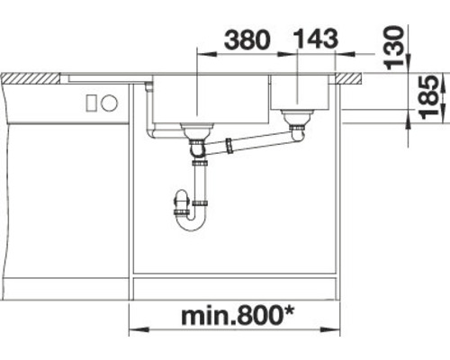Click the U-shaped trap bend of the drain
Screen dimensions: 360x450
pos(190,221)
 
